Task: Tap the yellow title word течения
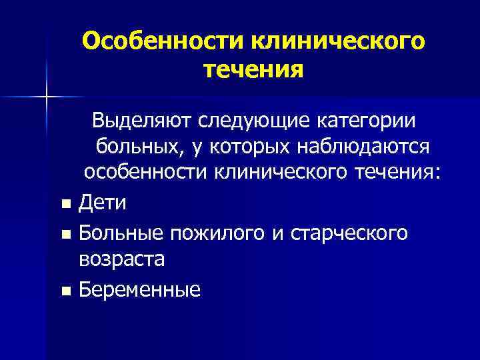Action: point(253,68)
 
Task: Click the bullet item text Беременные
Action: point(139,289)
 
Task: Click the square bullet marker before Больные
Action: point(64,233)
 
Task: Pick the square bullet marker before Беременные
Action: point(64,291)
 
